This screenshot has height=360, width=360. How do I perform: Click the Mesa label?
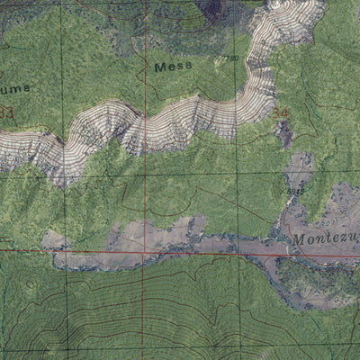(x=174, y=67)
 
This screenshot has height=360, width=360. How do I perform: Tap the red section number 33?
(x=6, y=112)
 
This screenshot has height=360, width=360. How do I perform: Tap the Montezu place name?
(x=324, y=240)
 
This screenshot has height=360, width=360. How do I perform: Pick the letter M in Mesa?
(x=160, y=67)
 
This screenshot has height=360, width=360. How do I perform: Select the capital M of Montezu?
(x=298, y=240)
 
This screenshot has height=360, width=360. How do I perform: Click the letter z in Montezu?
(x=343, y=241)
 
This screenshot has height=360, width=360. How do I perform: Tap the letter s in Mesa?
(x=179, y=67)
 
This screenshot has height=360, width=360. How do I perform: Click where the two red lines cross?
(x=143, y=251)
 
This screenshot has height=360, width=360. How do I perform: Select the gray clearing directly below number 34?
(x=285, y=135)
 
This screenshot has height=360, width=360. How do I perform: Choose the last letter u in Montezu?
(x=354, y=241)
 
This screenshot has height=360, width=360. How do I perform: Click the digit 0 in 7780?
(x=237, y=59)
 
